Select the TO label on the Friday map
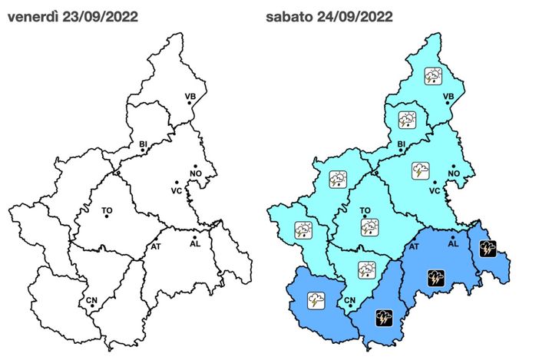point(107,208)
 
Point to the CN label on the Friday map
point(91,299)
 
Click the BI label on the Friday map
point(142,144)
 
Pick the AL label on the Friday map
point(194,244)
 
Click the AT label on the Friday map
point(157,246)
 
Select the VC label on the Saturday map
point(434,190)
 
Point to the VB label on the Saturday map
point(449,96)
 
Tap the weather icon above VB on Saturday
point(435,75)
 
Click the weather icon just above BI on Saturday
point(406,120)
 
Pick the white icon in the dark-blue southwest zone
point(316,299)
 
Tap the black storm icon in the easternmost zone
point(487,247)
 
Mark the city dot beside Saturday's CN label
point(350,307)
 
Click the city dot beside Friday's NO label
point(196,166)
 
